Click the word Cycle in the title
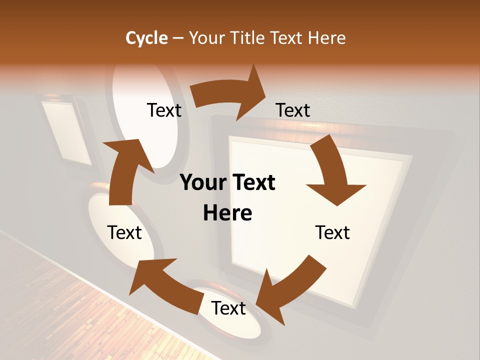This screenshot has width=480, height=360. [x=146, y=38]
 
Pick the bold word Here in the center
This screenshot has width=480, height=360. [x=227, y=213]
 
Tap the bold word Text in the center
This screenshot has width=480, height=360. [x=251, y=183]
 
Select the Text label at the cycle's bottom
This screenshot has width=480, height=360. [x=228, y=308]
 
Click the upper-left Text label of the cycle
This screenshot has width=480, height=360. [x=164, y=110]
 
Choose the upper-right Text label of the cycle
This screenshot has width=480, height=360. [x=293, y=110]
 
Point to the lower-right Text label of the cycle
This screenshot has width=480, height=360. [x=332, y=233]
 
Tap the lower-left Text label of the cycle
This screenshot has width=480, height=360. [x=124, y=233]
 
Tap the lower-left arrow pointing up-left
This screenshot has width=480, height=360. [x=160, y=282]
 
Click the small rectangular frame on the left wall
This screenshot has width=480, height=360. [x=66, y=132]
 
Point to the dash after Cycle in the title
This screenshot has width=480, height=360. [x=178, y=38]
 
